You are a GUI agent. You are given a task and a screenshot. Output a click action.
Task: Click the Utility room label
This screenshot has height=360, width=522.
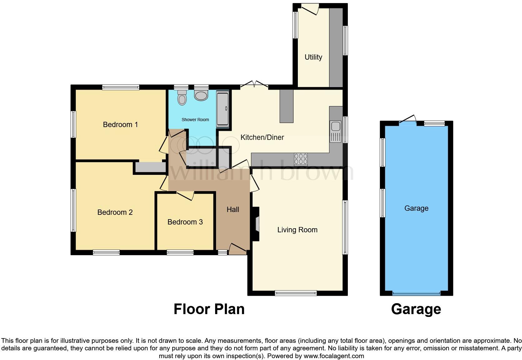click(313, 57)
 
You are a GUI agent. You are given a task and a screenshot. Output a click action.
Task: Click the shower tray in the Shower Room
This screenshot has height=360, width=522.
click(223, 109)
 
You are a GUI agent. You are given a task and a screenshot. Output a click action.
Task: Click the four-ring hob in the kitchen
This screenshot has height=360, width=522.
click(300, 159)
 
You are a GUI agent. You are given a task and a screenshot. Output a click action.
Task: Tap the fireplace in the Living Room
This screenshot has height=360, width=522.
click(256, 224)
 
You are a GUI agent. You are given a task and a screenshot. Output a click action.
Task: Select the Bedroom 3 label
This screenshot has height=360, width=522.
click(185, 222)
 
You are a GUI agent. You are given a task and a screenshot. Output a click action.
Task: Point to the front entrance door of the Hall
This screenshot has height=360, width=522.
click(238, 248)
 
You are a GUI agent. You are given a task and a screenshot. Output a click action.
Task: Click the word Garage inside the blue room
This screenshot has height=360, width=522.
click(416, 208)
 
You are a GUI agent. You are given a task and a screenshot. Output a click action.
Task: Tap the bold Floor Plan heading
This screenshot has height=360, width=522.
click(209, 309)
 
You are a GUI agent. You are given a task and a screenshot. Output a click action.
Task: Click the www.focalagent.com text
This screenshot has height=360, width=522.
click(333, 356)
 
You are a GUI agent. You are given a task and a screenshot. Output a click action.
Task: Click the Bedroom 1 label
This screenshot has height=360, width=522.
click(120, 125)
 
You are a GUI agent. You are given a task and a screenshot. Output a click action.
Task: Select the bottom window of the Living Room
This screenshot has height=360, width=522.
click(296, 293)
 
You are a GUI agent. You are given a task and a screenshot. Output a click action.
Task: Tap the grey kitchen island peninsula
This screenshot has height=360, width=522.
click(286, 106)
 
